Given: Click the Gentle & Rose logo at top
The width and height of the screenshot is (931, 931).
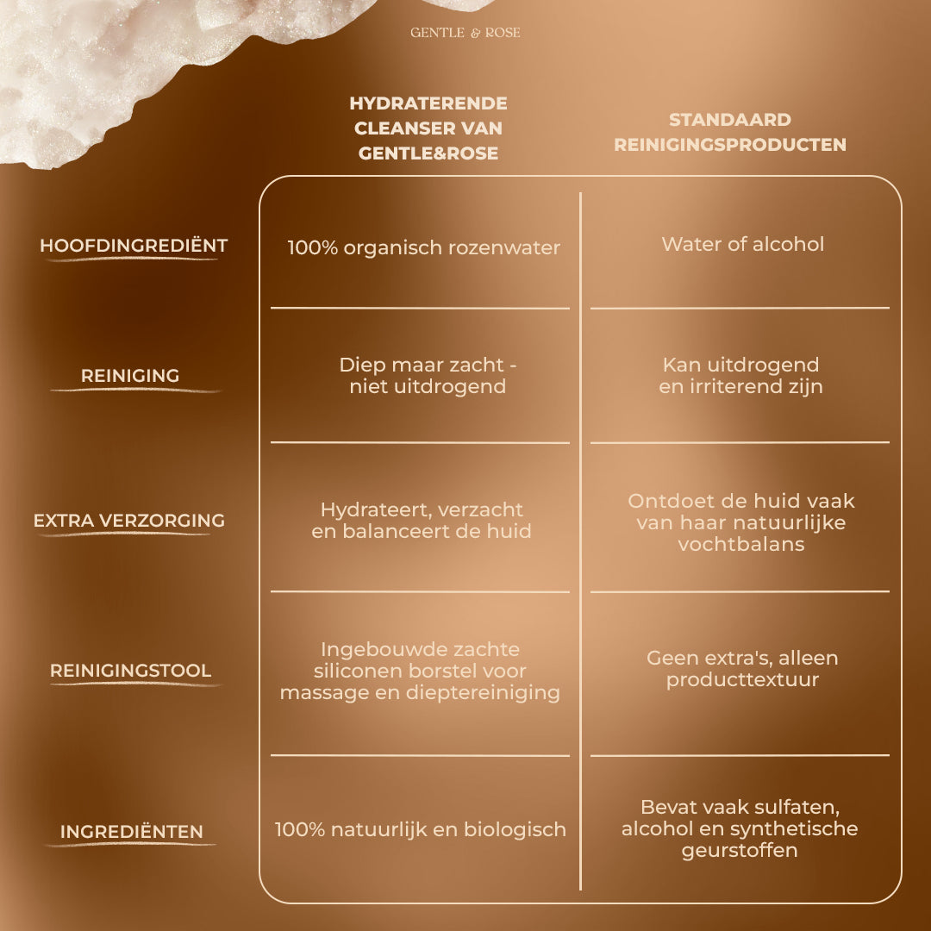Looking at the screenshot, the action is (465, 33).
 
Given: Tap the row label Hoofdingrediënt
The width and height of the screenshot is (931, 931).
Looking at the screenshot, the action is (134, 246).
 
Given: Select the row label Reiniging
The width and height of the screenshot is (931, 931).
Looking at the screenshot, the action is (130, 375).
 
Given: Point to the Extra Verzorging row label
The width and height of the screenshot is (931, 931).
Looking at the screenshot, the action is (128, 520).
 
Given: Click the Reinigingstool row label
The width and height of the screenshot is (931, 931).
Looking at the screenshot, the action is (131, 671).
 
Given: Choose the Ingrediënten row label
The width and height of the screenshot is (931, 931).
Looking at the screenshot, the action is (131, 831).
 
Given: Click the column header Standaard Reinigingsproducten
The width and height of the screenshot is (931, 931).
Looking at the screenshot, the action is (730, 132).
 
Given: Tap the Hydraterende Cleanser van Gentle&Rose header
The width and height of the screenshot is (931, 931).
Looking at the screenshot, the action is (428, 128).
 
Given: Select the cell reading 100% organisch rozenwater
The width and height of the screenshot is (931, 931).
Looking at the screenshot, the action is (423, 247).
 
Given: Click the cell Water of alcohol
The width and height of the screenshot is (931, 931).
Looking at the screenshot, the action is (743, 244).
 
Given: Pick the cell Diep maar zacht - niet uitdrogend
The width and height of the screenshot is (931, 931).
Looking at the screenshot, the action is (428, 375).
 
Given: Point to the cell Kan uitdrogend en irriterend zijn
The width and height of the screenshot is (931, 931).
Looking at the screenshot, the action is (741, 375).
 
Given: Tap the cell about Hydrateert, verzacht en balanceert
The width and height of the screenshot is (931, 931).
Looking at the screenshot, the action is (421, 520).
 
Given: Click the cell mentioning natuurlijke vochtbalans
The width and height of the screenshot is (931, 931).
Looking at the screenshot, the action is (741, 522).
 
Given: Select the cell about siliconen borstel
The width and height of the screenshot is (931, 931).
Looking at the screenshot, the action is (420, 671).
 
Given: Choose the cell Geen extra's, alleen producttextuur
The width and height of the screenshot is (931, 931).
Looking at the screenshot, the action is (742, 669).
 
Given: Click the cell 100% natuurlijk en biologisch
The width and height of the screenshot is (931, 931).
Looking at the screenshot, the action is (420, 829).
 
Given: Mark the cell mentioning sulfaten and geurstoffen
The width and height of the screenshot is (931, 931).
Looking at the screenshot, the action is (740, 829).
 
